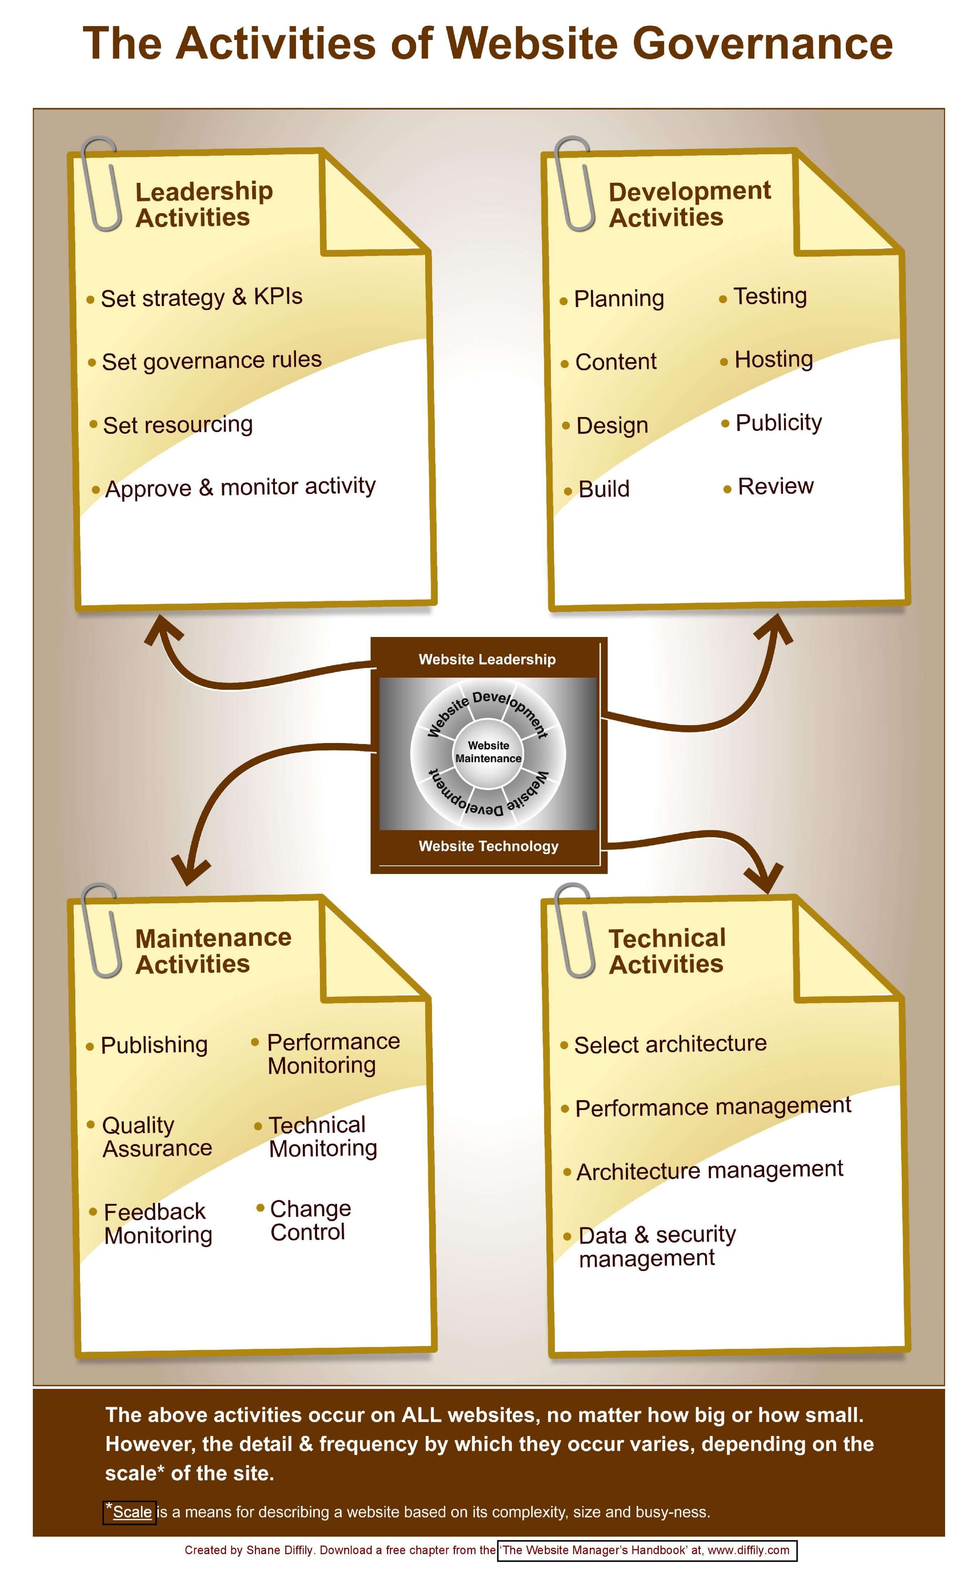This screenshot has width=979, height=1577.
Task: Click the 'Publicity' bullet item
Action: point(778,423)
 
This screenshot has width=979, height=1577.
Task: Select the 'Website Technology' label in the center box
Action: point(488,846)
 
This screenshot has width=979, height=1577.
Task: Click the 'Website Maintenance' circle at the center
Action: point(488,752)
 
